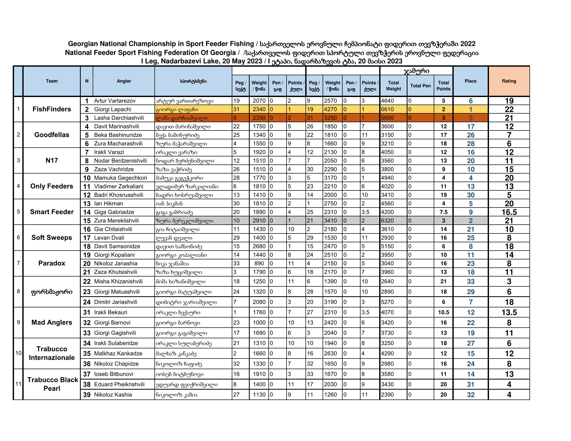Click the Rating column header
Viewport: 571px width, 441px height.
point(509,81)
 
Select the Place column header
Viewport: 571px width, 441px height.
point(470,81)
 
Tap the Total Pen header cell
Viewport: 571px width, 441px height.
point(420,86)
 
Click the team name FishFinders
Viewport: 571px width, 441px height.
point(51,109)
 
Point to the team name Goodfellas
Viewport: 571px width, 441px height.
point(51,135)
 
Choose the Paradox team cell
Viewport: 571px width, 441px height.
point(51,263)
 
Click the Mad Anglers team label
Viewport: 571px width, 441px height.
point(51,322)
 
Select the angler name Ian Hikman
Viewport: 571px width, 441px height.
point(108,204)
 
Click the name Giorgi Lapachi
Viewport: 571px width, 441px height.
point(112,109)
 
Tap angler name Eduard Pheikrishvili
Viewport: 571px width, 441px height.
point(119,384)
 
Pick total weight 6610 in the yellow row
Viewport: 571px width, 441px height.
point(387,109)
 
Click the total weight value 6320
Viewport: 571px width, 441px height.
point(387,220)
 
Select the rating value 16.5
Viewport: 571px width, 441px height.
point(509,212)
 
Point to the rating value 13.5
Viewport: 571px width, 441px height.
point(509,312)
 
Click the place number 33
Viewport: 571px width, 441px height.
point(470,281)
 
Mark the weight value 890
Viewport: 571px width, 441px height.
point(259,263)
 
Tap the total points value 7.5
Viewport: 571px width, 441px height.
point(443,212)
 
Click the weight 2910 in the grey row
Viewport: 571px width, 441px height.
point(259,220)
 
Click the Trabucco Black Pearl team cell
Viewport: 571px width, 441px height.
point(51,384)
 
